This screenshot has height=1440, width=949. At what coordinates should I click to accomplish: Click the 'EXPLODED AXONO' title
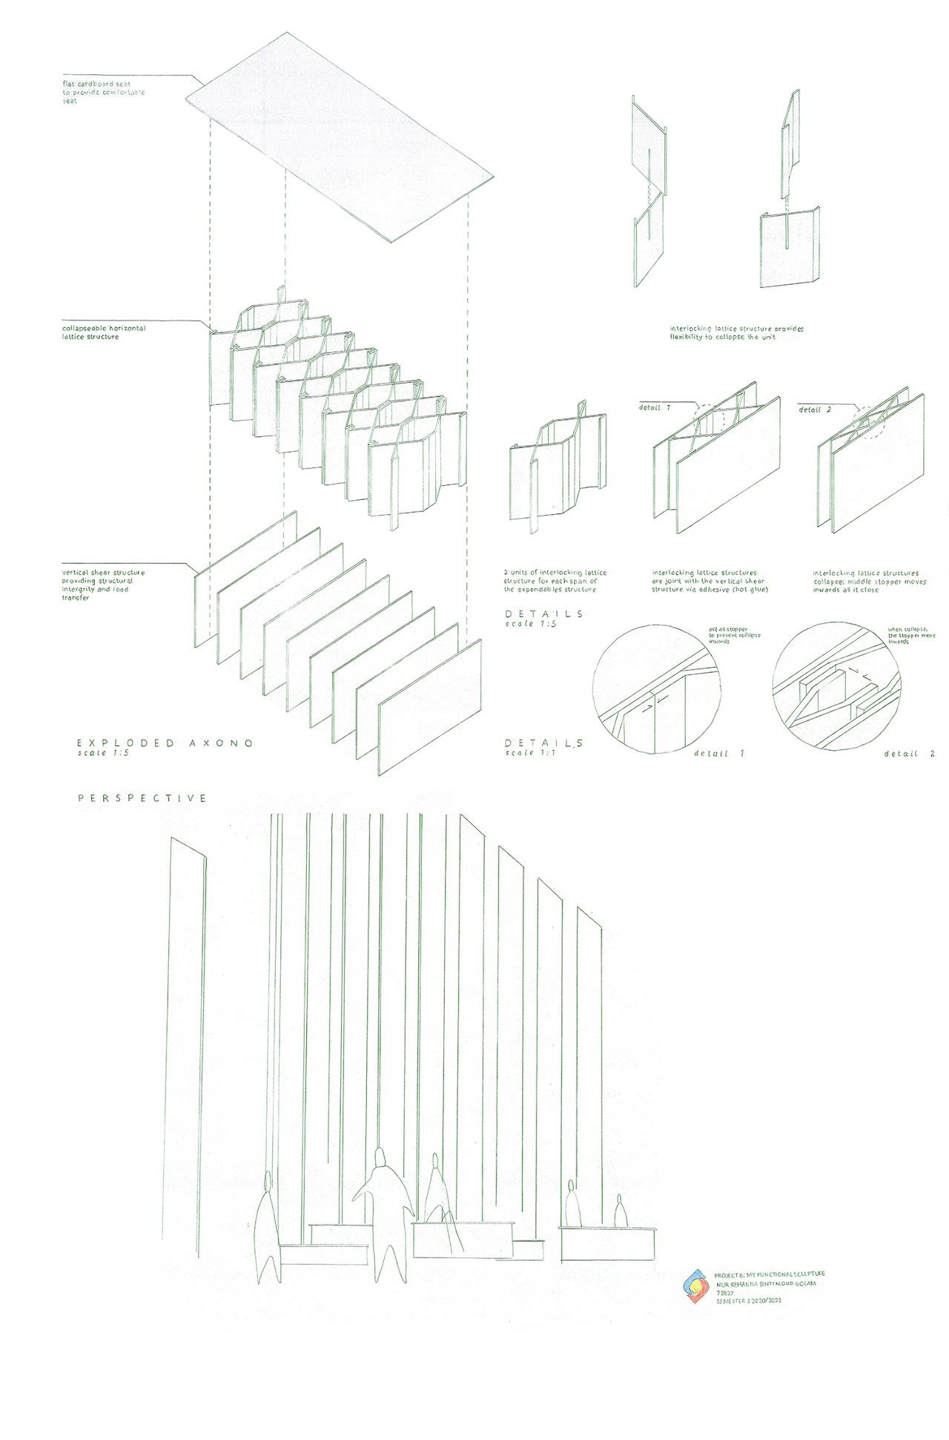(x=165, y=743)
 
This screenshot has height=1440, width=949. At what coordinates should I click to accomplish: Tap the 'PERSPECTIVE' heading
(x=142, y=798)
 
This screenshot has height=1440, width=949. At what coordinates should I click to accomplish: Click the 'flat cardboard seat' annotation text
(x=104, y=93)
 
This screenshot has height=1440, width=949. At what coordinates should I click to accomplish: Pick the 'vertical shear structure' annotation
(x=104, y=585)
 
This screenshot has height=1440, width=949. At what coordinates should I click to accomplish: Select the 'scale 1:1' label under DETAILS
(x=529, y=753)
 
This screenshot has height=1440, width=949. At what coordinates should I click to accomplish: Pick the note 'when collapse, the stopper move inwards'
(x=911, y=636)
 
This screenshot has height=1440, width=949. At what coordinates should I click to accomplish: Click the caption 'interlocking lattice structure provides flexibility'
(x=736, y=332)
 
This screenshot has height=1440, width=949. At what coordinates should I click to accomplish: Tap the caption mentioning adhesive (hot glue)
(x=710, y=581)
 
